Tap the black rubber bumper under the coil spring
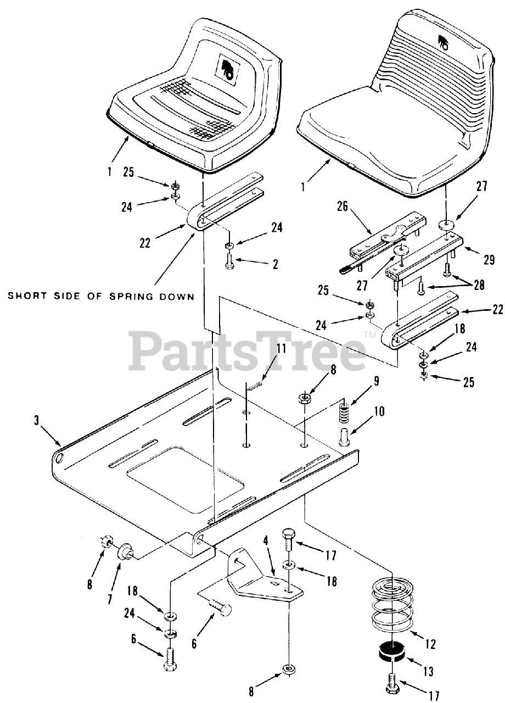pyautogui.click(x=391, y=654)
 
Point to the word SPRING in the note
pyautogui.click(x=121, y=296)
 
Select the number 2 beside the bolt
pyautogui.click(x=274, y=264)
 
